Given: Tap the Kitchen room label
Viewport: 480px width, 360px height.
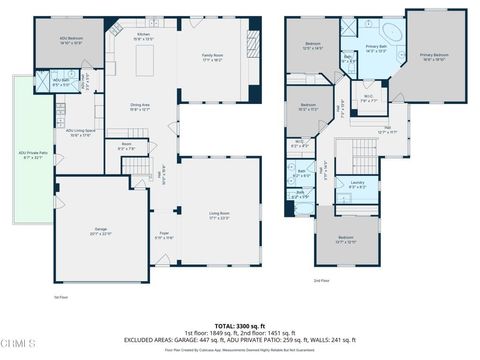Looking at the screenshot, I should coord(143,38).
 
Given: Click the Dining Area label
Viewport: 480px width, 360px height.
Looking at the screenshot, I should coord(140,108).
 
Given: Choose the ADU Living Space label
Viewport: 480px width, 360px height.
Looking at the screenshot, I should coord(81,132).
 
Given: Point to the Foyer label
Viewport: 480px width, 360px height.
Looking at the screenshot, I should coord(164,235).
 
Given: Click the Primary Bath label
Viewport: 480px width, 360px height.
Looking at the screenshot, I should coord(377,48).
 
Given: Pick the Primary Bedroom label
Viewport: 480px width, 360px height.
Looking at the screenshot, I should coord(434,57).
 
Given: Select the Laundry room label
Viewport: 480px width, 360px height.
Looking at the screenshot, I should coord(357,184).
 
